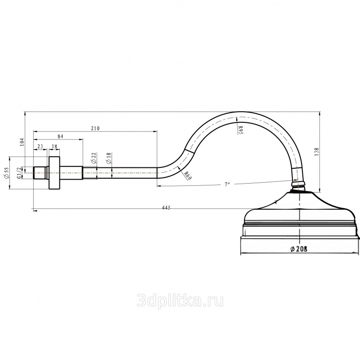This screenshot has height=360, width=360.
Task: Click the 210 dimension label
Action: pyautogui.click(x=95, y=128)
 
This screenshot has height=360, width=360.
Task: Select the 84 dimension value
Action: pyautogui.click(x=60, y=136)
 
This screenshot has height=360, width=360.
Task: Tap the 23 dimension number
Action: pyautogui.click(x=40, y=147)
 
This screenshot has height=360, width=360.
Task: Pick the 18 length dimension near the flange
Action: pyautogui.click(x=54, y=147)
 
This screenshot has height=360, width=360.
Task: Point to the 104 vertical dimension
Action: pyautogui.click(x=22, y=142)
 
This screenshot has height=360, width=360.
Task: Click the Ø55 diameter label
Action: pyautogui.click(x=6, y=173)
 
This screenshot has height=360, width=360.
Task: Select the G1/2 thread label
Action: pyautogui.click(x=19, y=173)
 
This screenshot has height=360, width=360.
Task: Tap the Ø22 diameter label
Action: pyautogui.click(x=94, y=158)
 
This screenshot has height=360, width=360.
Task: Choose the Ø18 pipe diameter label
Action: pyautogui.click(x=108, y=158)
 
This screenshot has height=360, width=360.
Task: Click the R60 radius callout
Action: pyautogui.click(x=188, y=175)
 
